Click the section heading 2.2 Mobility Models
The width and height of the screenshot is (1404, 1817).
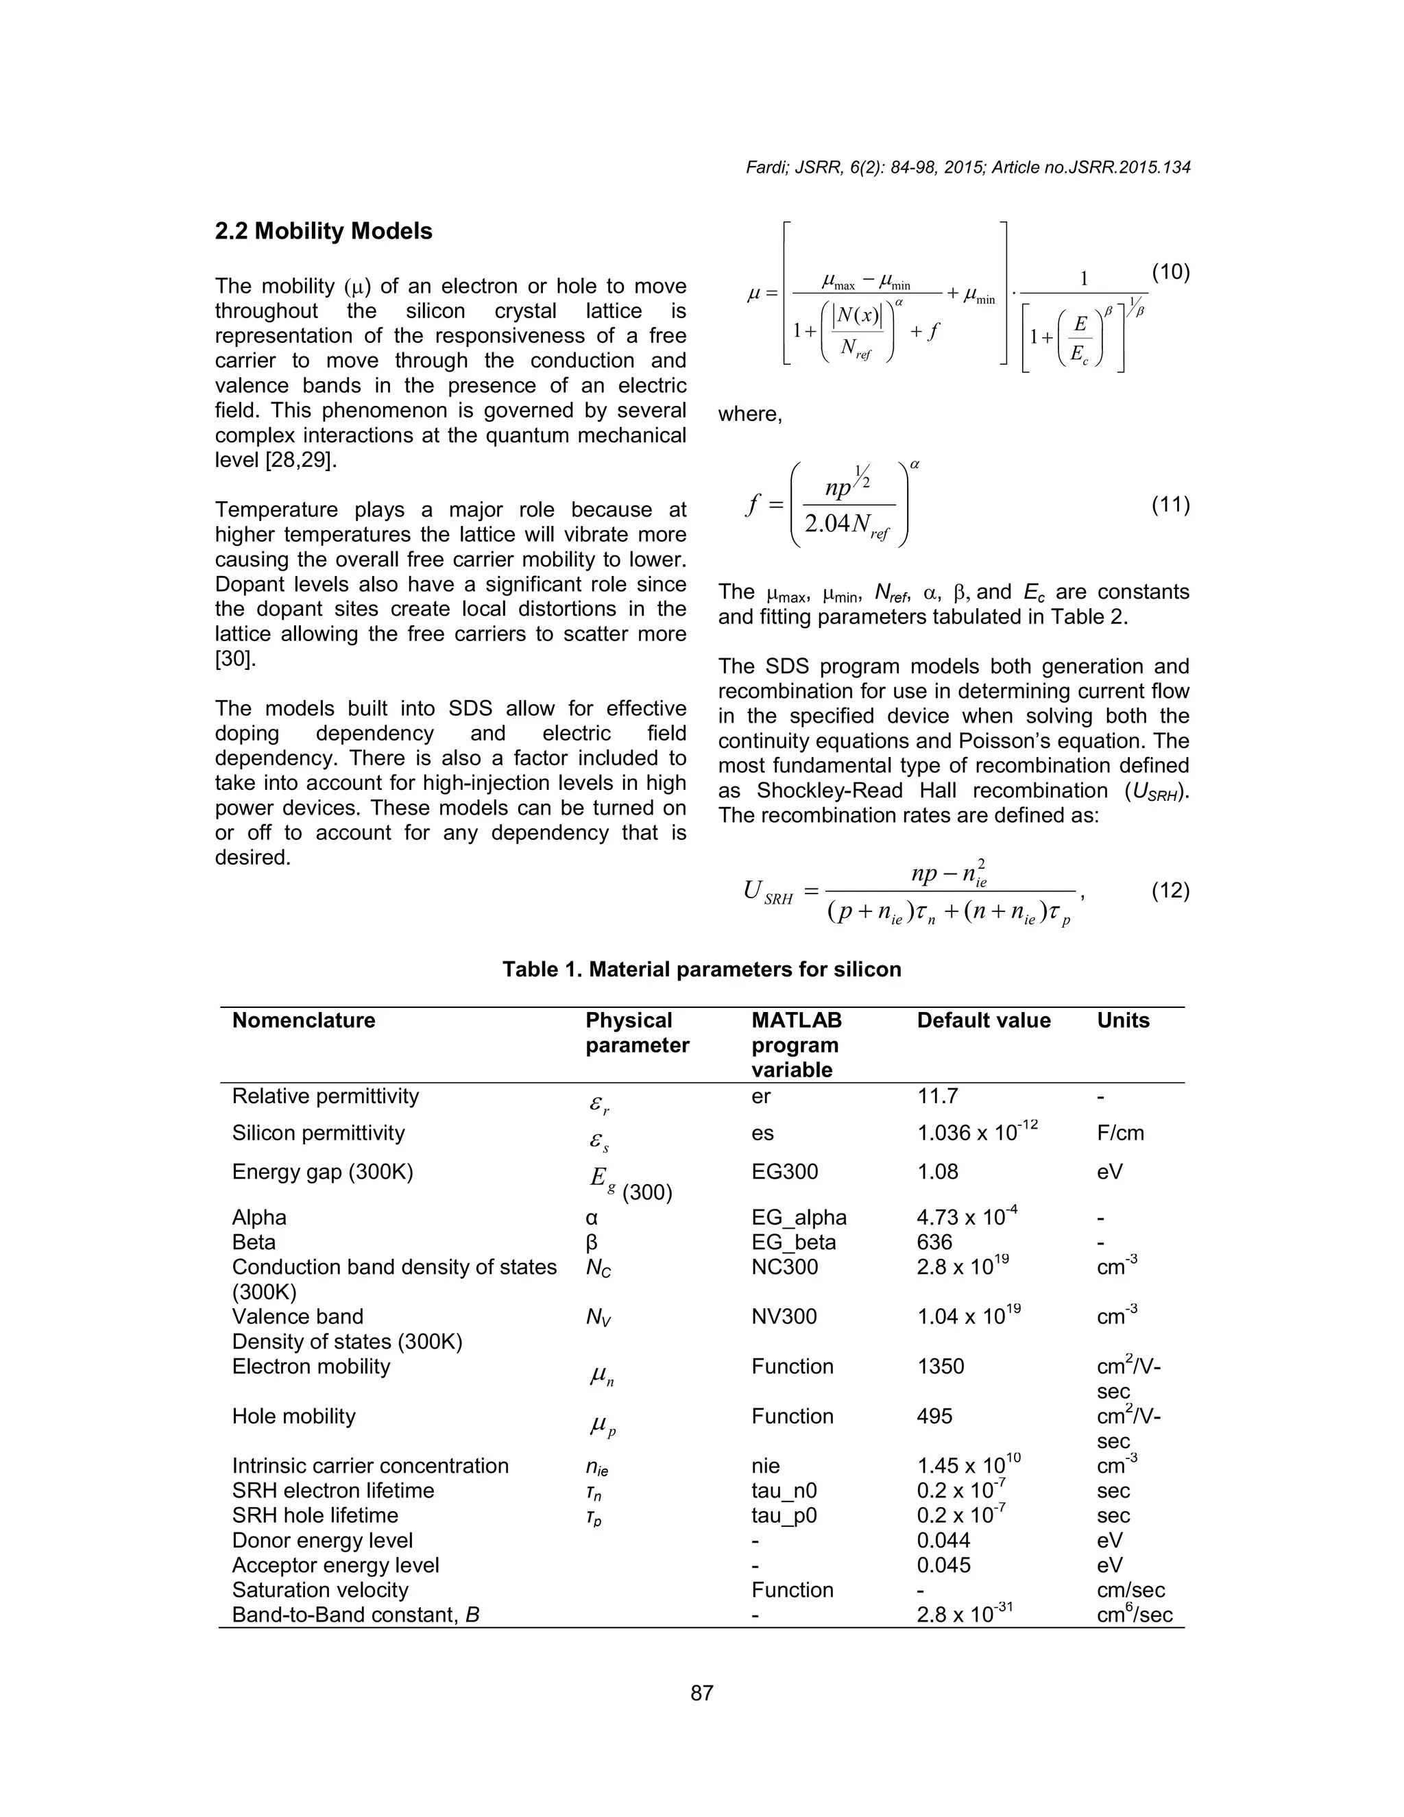(324, 231)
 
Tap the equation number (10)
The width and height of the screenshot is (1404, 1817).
(1170, 272)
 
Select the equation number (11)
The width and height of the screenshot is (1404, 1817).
(1170, 505)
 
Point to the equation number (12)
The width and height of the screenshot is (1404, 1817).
(1170, 891)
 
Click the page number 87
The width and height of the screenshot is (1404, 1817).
(702, 1692)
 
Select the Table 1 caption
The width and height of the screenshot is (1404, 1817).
(701, 970)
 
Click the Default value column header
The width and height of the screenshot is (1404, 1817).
(983, 1021)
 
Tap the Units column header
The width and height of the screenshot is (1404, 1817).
(1123, 1021)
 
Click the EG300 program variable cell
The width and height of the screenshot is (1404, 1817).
(784, 1172)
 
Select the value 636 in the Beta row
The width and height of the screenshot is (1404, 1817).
(934, 1242)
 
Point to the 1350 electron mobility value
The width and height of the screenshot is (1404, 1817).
(940, 1367)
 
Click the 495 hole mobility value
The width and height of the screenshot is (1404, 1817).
(934, 1417)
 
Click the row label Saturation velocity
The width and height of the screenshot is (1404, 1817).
(320, 1590)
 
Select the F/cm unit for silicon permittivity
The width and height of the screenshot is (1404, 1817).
(1120, 1133)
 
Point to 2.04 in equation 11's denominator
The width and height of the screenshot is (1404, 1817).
(827, 524)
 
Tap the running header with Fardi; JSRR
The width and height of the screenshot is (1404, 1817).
(967, 167)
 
